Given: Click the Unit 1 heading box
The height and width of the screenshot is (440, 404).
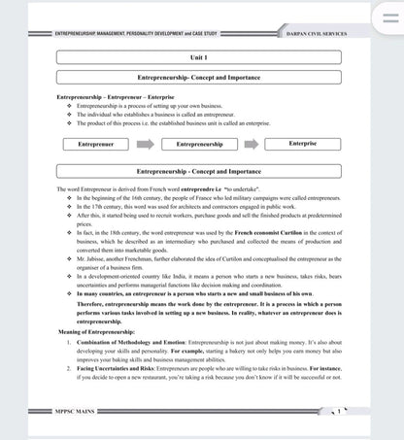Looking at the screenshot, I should (198, 57).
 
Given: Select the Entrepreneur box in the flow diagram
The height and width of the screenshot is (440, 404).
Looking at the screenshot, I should (95, 144).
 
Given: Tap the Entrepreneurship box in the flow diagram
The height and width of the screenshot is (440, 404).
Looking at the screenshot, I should (198, 144).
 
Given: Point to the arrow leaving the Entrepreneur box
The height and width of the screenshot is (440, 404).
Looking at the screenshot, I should (146, 144).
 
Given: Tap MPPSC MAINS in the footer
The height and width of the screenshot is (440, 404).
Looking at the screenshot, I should (81, 411).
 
